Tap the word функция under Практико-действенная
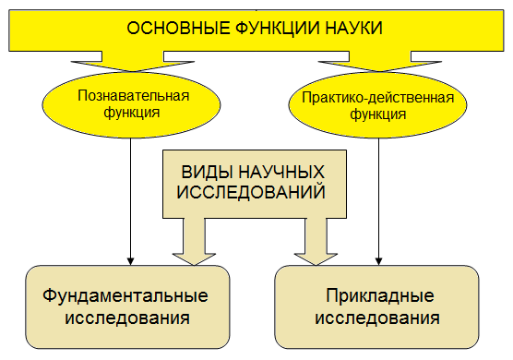pyautogui.click(x=377, y=115)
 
